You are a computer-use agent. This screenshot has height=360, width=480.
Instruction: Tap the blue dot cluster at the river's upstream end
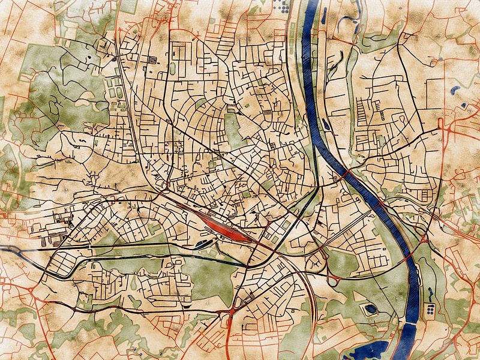(283, 8)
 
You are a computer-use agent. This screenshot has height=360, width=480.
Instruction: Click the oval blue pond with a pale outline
(370, 310)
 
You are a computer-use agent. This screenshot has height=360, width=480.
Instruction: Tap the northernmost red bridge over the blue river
(347, 175)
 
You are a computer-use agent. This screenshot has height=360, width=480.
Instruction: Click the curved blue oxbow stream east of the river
(348, 21)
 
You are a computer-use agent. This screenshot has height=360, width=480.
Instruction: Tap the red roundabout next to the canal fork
(232, 312)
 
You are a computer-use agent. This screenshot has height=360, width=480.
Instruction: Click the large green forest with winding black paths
(60, 90)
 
